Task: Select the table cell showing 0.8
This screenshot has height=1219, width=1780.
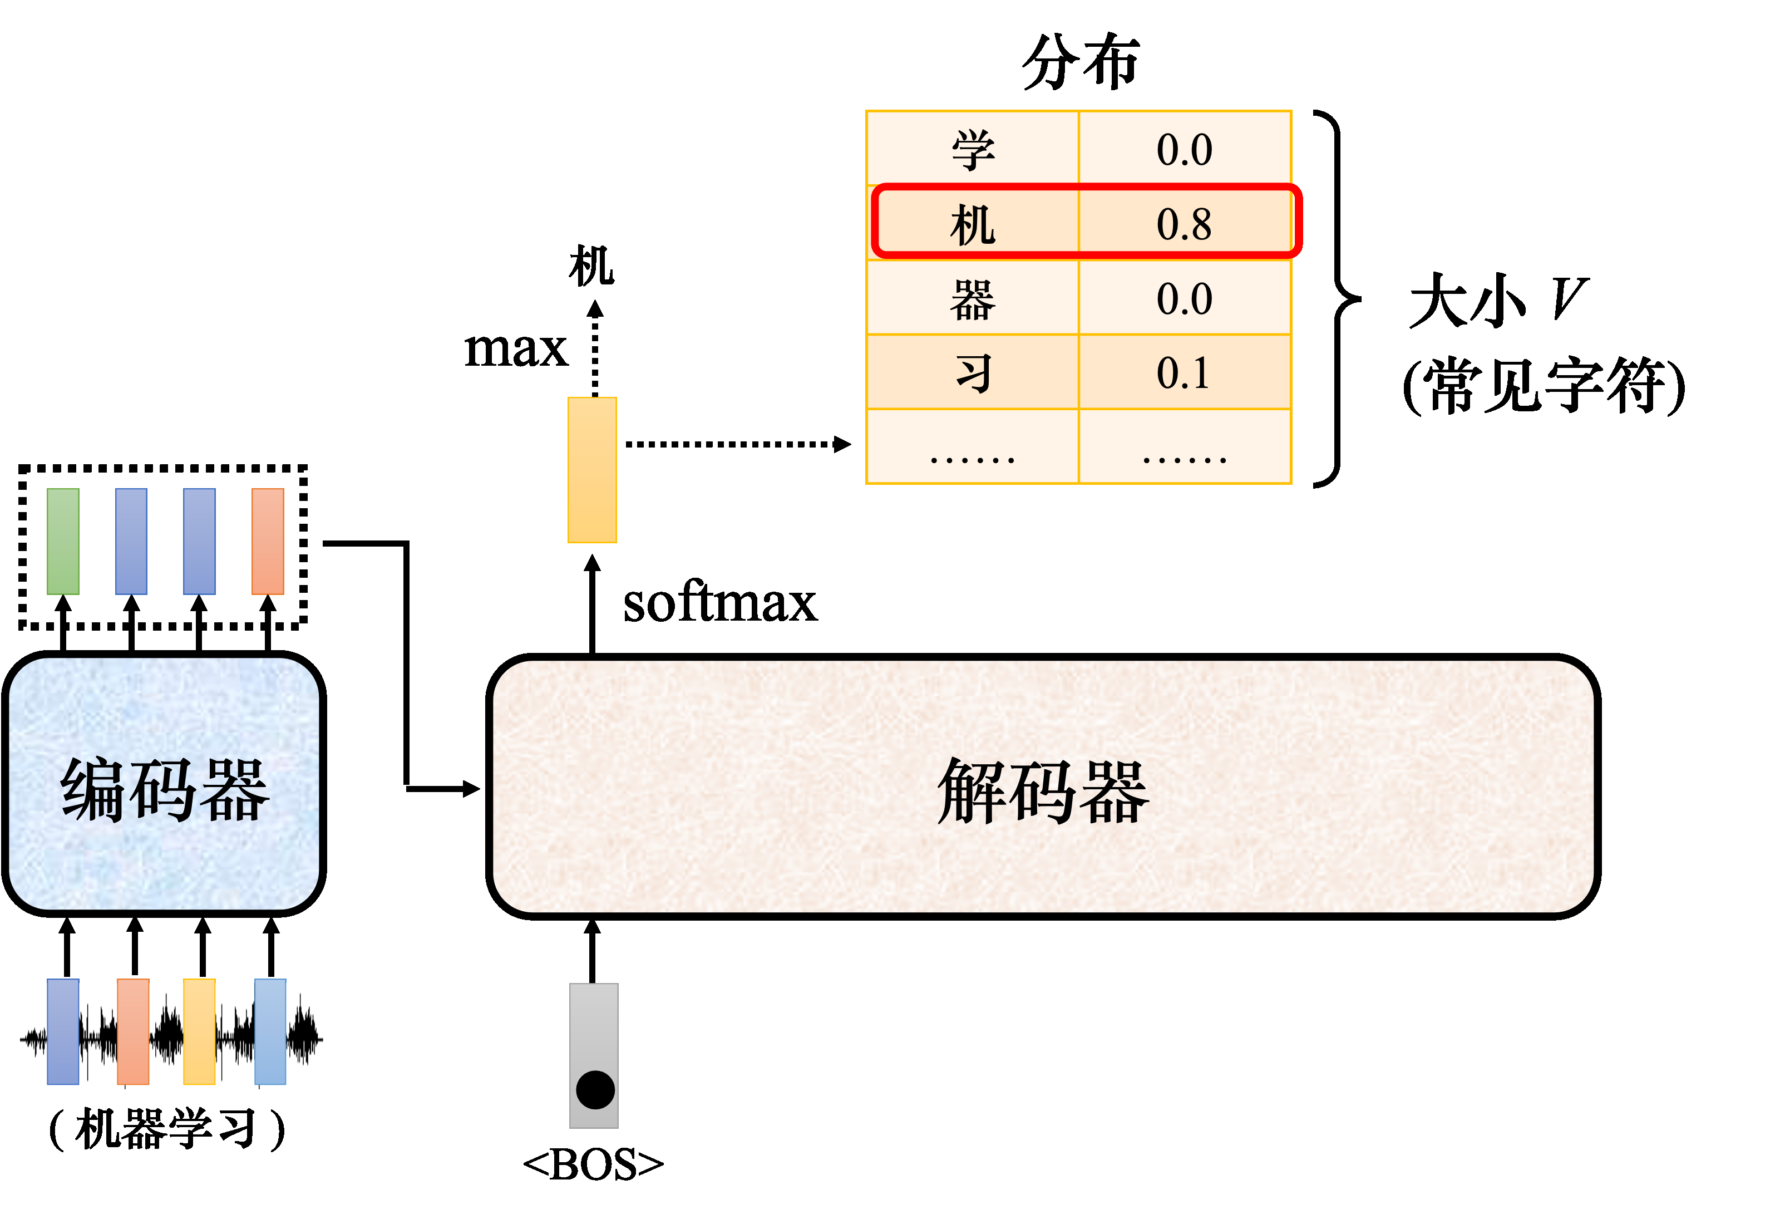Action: pos(1184,223)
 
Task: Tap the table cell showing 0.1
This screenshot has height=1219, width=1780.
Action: pos(1184,373)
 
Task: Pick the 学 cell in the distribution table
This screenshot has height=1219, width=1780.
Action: pos(973,149)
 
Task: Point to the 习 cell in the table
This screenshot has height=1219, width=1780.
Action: pos(973,373)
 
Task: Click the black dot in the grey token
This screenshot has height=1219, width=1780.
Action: pos(595,1089)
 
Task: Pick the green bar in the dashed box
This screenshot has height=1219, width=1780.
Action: pos(63,541)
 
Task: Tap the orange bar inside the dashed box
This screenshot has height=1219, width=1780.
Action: pos(268,541)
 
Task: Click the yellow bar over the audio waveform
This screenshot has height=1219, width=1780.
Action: pos(199,1031)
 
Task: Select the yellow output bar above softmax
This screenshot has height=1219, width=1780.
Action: pos(592,470)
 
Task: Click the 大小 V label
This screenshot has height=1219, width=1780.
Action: pos(1497,301)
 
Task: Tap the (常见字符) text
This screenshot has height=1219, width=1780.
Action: pos(1544,385)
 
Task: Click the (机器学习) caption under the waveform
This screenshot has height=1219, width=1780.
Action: pos(167,1128)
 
